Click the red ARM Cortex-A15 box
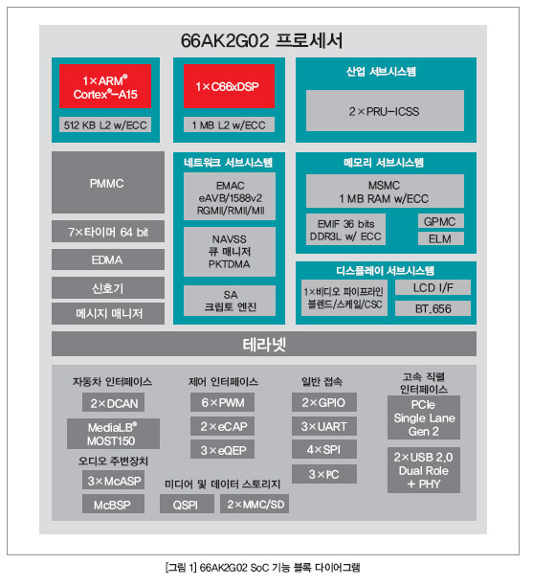click(x=105, y=86)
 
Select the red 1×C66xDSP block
click(x=229, y=86)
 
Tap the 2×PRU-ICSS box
click(x=385, y=111)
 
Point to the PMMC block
click(x=108, y=182)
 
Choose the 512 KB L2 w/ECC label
click(x=105, y=124)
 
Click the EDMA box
click(x=108, y=259)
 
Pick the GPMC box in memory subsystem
click(x=441, y=221)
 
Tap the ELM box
click(x=441, y=238)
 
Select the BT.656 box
click(x=433, y=308)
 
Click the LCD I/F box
click(x=433, y=287)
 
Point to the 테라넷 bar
click(x=264, y=344)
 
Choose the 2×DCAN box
click(x=113, y=402)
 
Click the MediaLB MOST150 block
click(x=113, y=434)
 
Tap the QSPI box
click(x=187, y=505)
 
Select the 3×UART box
click(x=323, y=426)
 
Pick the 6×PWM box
click(x=222, y=402)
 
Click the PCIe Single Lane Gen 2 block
click(x=424, y=417)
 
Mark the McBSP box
click(x=113, y=505)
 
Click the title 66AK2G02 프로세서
click(x=261, y=40)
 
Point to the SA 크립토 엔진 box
click(x=230, y=301)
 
